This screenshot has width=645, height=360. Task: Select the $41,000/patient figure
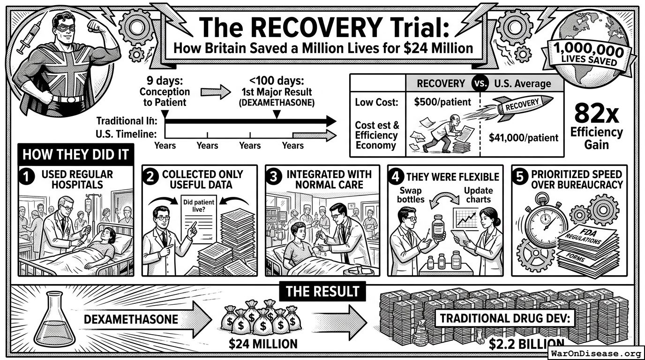tap(523, 137)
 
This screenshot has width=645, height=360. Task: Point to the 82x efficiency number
tap(596, 114)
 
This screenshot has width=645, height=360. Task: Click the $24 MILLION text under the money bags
tap(263, 344)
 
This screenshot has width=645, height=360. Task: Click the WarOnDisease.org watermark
tap(596, 353)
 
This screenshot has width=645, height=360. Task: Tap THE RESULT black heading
tap(322, 292)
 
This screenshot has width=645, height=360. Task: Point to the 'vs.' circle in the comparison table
tap(480, 83)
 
